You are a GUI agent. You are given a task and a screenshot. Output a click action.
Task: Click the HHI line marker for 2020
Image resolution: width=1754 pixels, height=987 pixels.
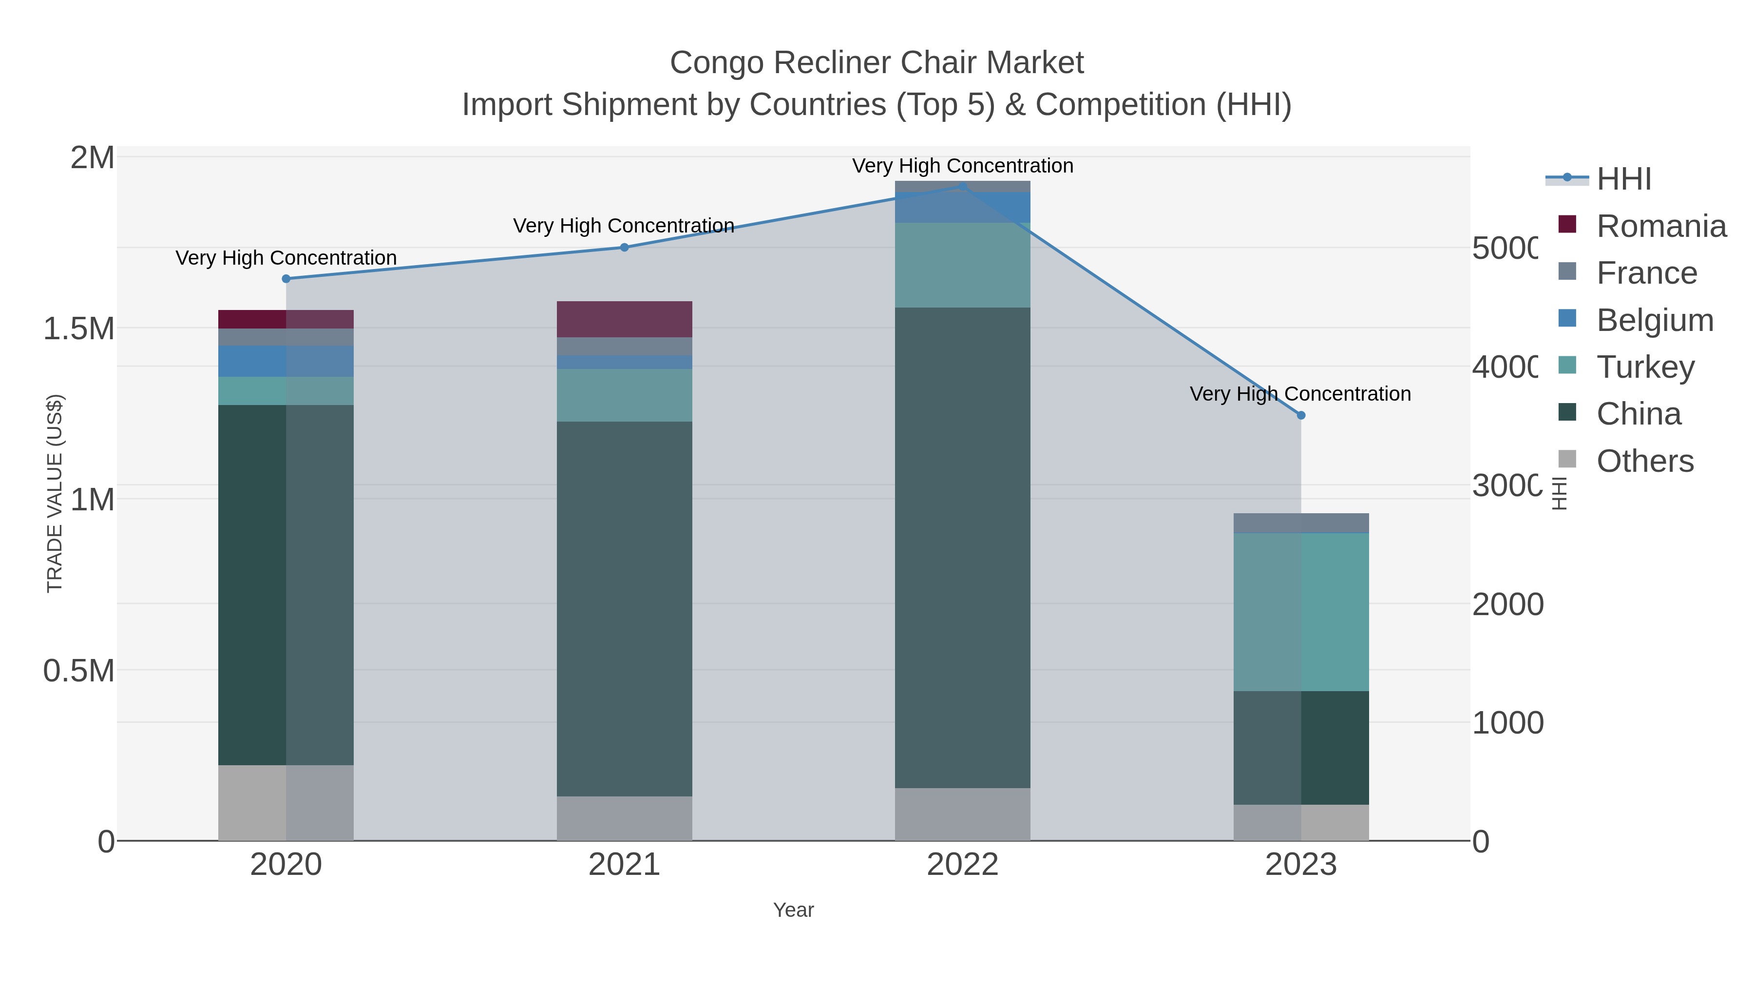tap(286, 279)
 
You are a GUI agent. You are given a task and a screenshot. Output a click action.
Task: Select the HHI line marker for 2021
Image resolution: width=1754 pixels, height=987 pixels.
tap(625, 247)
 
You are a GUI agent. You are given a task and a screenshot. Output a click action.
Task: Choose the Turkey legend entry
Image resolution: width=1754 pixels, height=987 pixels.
tap(1644, 367)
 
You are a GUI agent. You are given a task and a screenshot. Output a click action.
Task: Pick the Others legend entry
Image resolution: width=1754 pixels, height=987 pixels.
tap(1644, 461)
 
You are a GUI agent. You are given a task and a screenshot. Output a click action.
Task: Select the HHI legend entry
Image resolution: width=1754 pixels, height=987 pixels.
tap(1623, 179)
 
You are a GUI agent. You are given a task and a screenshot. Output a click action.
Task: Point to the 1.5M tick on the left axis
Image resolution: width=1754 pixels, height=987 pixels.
tap(79, 329)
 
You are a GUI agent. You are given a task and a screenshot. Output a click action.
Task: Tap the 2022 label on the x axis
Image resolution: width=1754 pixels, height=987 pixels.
tap(962, 864)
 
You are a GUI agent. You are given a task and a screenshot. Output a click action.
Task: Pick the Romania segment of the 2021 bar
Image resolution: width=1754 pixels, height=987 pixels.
tap(625, 319)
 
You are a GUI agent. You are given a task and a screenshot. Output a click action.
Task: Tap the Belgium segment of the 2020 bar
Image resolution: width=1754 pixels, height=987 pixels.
tap(286, 361)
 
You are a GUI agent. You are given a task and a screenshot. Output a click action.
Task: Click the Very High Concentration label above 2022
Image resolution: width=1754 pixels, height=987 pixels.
tap(962, 166)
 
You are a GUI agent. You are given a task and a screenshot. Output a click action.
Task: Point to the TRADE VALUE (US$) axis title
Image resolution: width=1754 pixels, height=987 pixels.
tap(55, 493)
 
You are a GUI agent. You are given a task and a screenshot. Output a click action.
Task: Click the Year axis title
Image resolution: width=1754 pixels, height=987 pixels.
tap(793, 910)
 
